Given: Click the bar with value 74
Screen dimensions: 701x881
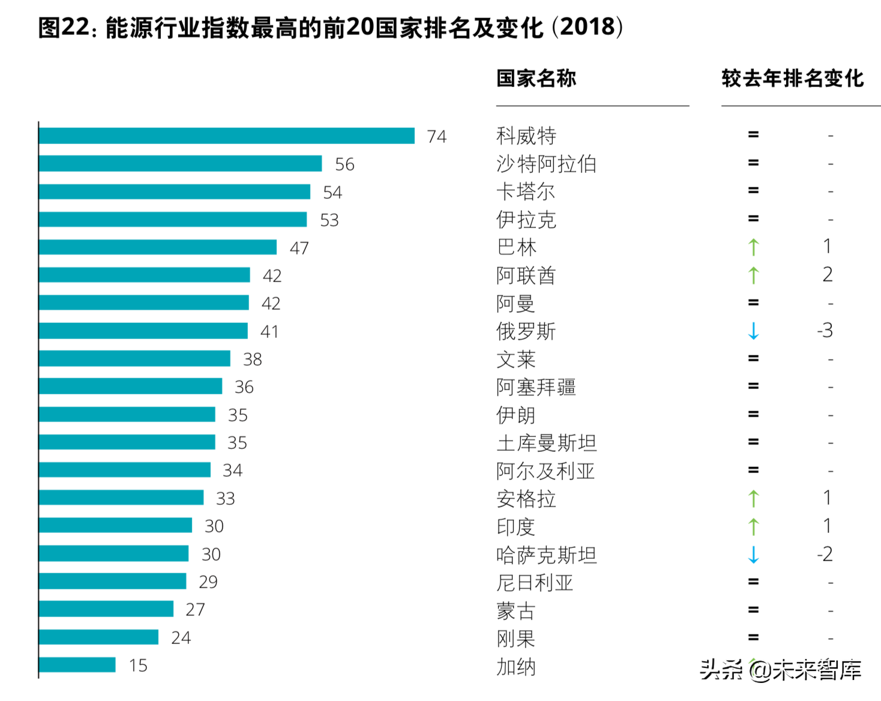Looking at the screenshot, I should pos(226,136).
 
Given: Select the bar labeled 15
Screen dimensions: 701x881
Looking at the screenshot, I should pos(77,664).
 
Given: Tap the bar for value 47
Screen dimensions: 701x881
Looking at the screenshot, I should pos(157,247).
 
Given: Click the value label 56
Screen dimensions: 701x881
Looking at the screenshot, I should pos(344,164).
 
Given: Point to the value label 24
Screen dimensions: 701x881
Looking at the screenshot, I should pos(181,637).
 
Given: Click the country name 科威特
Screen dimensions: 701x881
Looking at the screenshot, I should pos(526,136).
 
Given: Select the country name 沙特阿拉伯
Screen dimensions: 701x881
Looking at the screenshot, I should pos(546,164).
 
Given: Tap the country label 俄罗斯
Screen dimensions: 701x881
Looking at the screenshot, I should pos(526,331).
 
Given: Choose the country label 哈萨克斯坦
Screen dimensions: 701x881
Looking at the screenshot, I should pos(546,555).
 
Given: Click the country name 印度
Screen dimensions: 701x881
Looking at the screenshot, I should pos(516,526).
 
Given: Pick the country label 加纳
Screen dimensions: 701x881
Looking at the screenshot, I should pos(516,666).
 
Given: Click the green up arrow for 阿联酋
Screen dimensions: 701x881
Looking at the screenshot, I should pos(753,275).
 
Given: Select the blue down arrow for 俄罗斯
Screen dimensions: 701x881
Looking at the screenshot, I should pos(753,331).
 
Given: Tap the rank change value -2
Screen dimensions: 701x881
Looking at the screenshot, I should pos(825,554).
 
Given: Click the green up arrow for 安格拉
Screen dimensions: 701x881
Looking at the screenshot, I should pos(753,498).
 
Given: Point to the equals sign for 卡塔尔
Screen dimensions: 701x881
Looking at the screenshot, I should pos(753,191).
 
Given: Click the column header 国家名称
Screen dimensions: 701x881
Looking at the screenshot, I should pos(536,79).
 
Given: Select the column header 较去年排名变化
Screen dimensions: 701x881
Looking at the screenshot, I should pos(792,79).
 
